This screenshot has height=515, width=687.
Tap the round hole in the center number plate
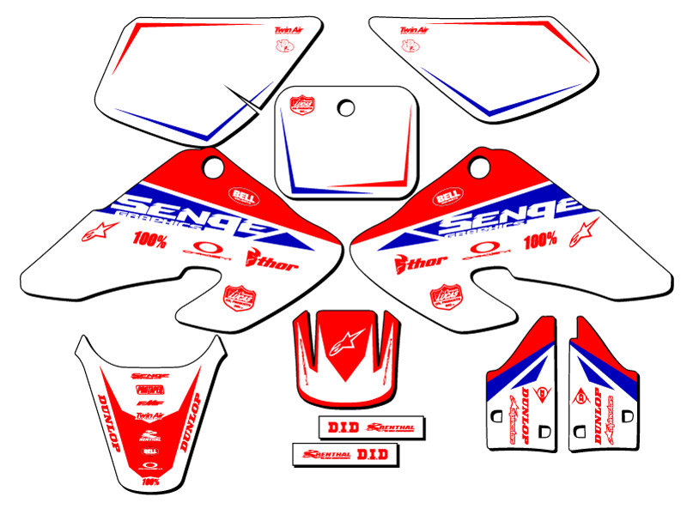click(x=346, y=108)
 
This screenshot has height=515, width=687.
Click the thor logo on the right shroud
click(x=410, y=262)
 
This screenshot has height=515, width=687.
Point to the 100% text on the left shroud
click(x=150, y=241)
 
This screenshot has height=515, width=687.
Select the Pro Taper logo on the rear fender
click(x=150, y=388)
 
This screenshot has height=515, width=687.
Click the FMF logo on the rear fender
click(x=150, y=400)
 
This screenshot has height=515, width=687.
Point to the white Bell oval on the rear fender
click(x=150, y=451)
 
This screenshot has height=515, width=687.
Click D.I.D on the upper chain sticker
click(x=332, y=426)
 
